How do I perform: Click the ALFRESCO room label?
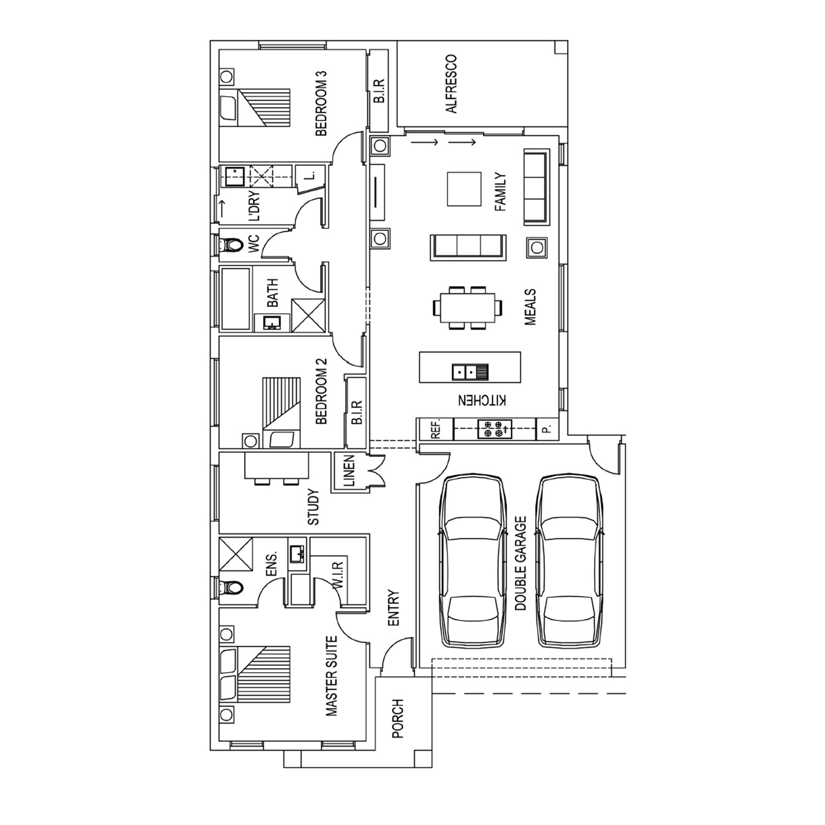click(451, 84)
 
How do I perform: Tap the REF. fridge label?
click(435, 429)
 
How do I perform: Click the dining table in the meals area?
click(471, 308)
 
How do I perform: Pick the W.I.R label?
click(338, 575)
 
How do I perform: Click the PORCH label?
click(398, 718)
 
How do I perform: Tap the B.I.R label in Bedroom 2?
click(357, 412)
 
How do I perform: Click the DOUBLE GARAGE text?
click(520, 563)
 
